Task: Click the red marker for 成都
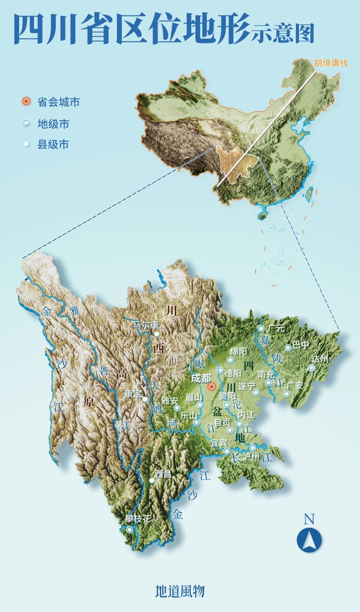click(x=212, y=386)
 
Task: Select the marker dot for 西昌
click(x=152, y=481)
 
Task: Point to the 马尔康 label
click(x=145, y=325)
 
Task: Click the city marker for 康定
click(x=145, y=399)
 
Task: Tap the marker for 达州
click(x=311, y=368)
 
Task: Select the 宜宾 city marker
click(x=227, y=451)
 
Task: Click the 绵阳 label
click(x=239, y=351)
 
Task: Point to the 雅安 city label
click(x=170, y=400)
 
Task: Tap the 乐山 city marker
click(x=196, y=422)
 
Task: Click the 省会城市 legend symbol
click(x=26, y=102)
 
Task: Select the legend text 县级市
click(x=53, y=145)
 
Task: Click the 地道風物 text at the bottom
click(x=180, y=591)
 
